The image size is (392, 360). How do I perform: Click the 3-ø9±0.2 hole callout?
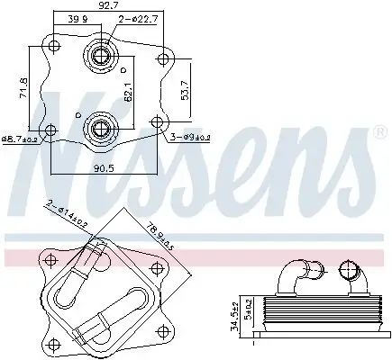coord(190,138)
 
